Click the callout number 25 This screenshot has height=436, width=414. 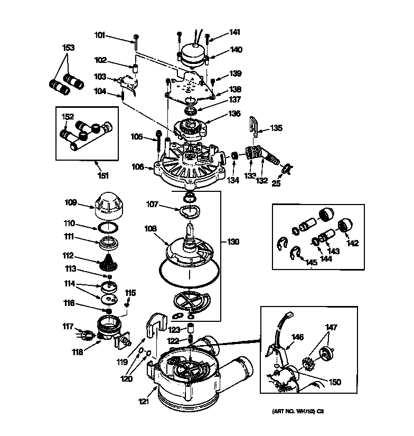click(276, 183)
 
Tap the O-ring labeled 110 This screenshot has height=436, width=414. click(108, 228)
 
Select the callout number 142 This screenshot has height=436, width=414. click(352, 243)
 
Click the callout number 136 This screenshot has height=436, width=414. click(234, 114)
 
